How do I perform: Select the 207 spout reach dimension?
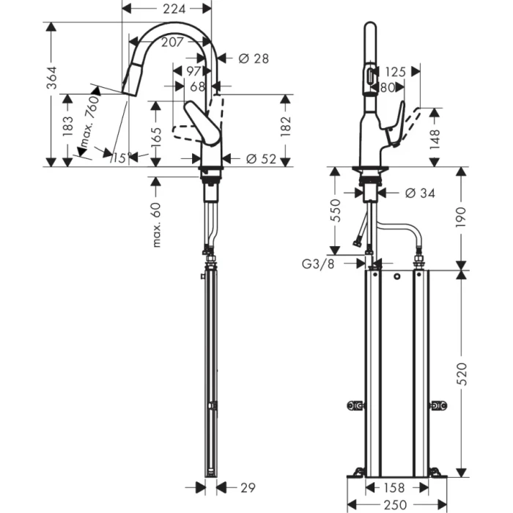coord(171,43)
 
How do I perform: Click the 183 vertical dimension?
coord(68,126)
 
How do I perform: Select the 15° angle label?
coord(122,157)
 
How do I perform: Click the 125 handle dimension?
coord(395,72)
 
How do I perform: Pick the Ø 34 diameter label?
coord(419,193)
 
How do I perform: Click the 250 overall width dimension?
coord(396,504)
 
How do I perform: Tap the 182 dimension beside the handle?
coord(286,126)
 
